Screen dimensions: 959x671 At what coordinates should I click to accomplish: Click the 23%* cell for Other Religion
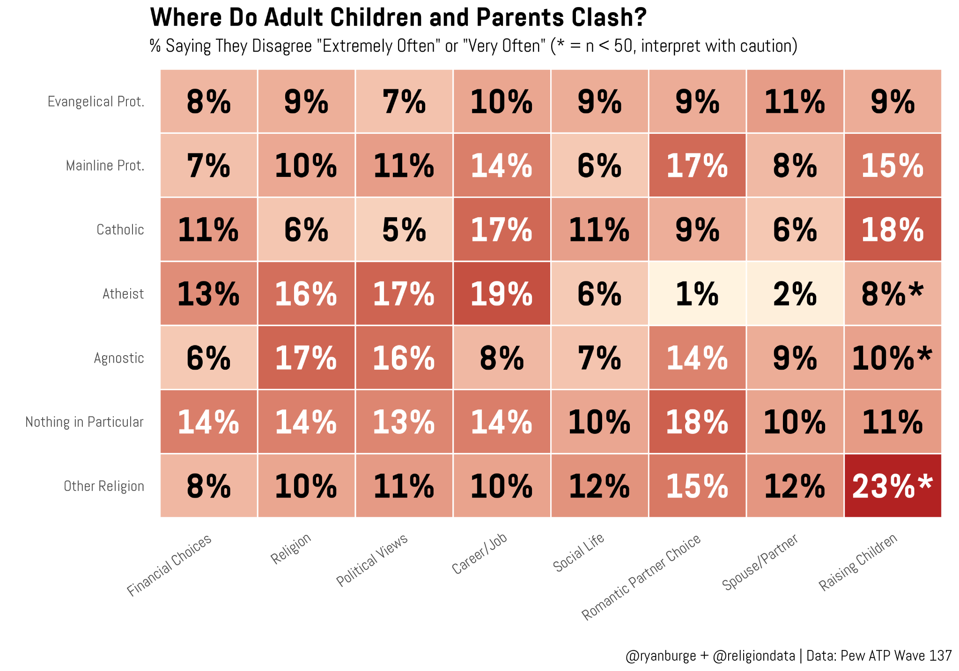click(893, 486)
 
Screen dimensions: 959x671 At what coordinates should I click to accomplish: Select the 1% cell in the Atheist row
click(697, 293)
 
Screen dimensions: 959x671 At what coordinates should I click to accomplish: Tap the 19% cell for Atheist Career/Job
click(502, 293)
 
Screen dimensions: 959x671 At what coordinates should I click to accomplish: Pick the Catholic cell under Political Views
click(404, 229)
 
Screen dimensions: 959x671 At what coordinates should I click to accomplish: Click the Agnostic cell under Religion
click(306, 357)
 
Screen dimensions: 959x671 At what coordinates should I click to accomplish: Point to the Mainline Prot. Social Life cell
click(599, 165)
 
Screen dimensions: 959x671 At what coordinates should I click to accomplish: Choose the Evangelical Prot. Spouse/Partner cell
click(795, 101)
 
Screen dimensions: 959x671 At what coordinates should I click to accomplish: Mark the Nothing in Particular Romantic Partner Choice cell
click(697, 422)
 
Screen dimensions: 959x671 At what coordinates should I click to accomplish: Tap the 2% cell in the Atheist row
click(795, 293)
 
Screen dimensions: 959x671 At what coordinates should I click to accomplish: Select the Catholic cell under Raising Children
click(893, 229)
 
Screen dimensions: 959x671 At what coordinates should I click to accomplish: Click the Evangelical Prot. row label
click(96, 102)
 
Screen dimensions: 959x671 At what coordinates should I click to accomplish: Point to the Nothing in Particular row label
click(84, 422)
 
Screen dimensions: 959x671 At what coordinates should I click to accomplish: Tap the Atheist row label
click(123, 294)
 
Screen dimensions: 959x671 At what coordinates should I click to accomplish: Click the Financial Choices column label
click(170, 565)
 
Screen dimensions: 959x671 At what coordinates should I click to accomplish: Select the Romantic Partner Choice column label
click(641, 577)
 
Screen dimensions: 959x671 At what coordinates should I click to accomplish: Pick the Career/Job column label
click(479, 554)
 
